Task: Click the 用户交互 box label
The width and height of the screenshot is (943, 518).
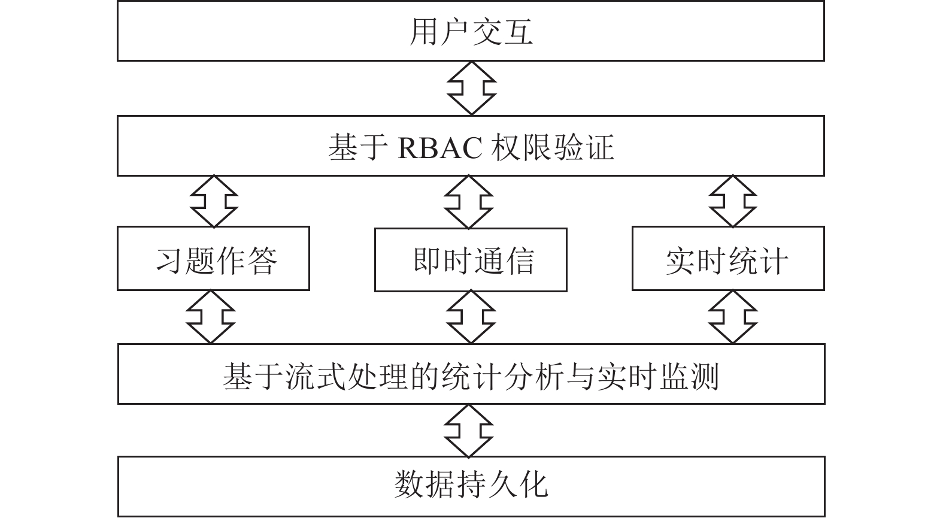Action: point(471,32)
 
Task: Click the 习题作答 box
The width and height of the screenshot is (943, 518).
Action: point(213,259)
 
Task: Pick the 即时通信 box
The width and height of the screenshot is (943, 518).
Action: point(471,260)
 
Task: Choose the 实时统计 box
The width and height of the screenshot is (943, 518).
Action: point(728,259)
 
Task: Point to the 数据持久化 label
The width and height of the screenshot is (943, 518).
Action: point(471,485)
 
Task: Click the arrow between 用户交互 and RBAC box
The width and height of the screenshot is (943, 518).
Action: point(472,89)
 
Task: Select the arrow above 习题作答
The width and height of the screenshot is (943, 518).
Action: point(214,201)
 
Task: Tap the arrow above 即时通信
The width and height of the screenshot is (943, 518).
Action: point(469,202)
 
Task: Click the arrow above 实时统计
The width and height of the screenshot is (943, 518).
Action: point(733,201)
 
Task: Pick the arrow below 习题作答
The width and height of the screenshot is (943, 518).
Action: point(211,317)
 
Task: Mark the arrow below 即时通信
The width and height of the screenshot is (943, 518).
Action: point(471,317)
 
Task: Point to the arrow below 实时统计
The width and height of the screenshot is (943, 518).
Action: point(733,317)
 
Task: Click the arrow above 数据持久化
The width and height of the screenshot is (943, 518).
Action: point(469,431)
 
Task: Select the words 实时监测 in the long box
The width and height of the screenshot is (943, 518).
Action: point(657,375)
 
